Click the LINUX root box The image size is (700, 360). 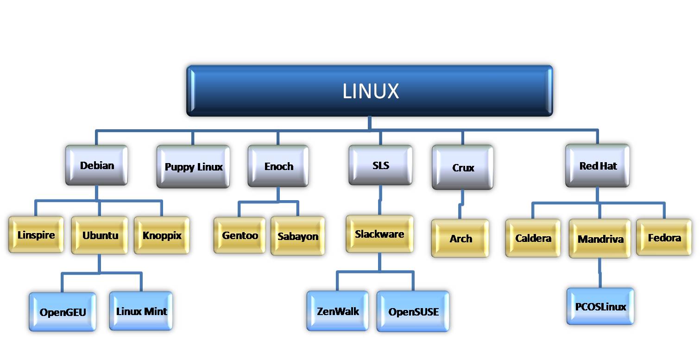click(x=370, y=91)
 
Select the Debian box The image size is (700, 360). click(x=97, y=165)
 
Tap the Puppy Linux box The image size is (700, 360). click(x=193, y=167)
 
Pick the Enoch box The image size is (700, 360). click(x=278, y=166)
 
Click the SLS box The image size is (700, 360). click(x=380, y=165)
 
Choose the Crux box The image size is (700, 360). click(x=463, y=167)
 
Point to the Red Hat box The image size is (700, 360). click(x=598, y=165)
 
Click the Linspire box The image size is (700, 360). click(x=36, y=235)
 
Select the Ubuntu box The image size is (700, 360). click(x=100, y=235)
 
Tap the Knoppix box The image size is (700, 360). click(x=162, y=235)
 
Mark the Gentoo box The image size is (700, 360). click(x=240, y=235)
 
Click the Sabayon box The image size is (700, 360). click(x=298, y=236)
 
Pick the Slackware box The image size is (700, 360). click(x=379, y=234)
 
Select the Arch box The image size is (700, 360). click(x=460, y=238)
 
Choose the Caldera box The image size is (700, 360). click(x=533, y=238)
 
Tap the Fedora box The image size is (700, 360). click(x=664, y=238)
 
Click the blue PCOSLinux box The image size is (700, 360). click(x=600, y=306)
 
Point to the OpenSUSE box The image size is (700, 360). click(x=413, y=311)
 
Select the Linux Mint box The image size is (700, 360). click(x=141, y=311)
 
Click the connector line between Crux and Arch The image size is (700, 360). click(x=460, y=204)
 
